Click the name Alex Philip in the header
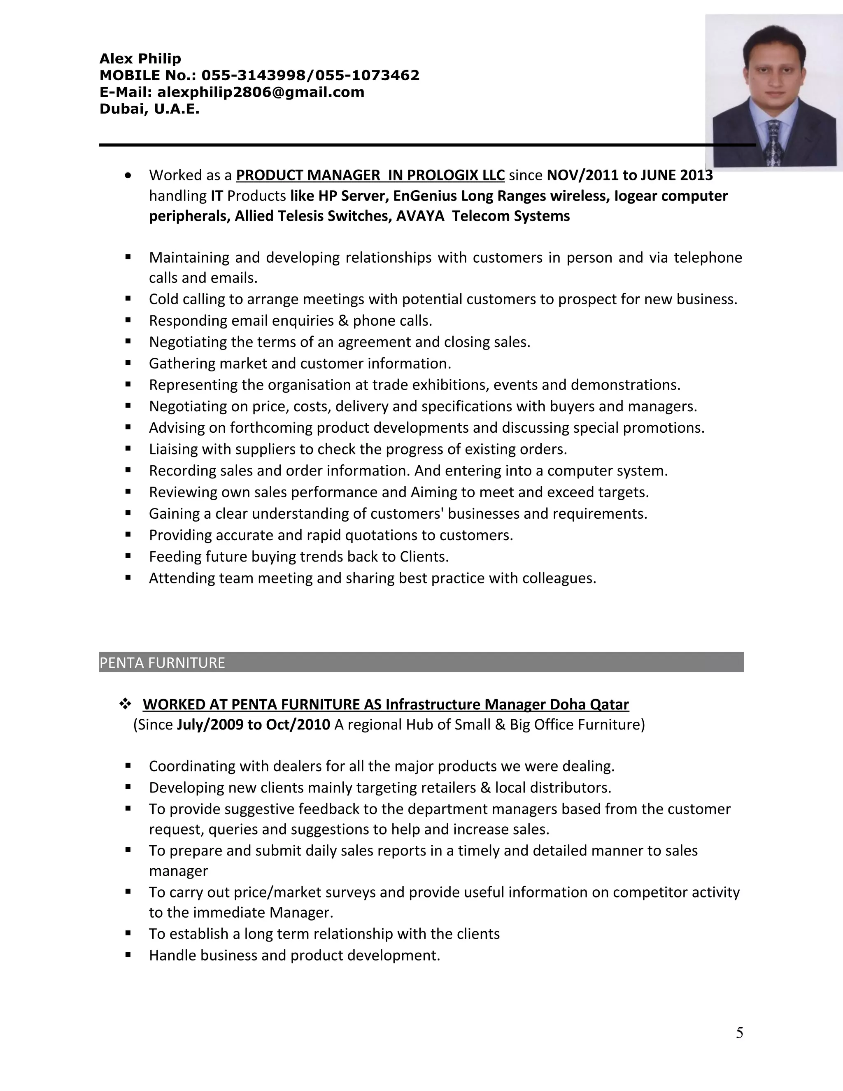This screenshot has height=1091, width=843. [140, 59]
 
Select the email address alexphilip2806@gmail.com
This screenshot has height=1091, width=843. [260, 92]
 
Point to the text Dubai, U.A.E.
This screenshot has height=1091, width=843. [149, 109]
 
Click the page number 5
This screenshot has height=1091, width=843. [739, 1033]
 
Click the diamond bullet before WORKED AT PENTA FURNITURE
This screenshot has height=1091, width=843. [124, 704]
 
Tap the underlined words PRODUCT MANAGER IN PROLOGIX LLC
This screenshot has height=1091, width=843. [370, 175]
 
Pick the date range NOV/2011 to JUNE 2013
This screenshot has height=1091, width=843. [629, 175]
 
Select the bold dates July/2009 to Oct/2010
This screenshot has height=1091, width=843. [253, 724]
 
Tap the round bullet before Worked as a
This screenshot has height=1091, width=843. [129, 176]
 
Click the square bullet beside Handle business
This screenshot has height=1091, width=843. [128, 955]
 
